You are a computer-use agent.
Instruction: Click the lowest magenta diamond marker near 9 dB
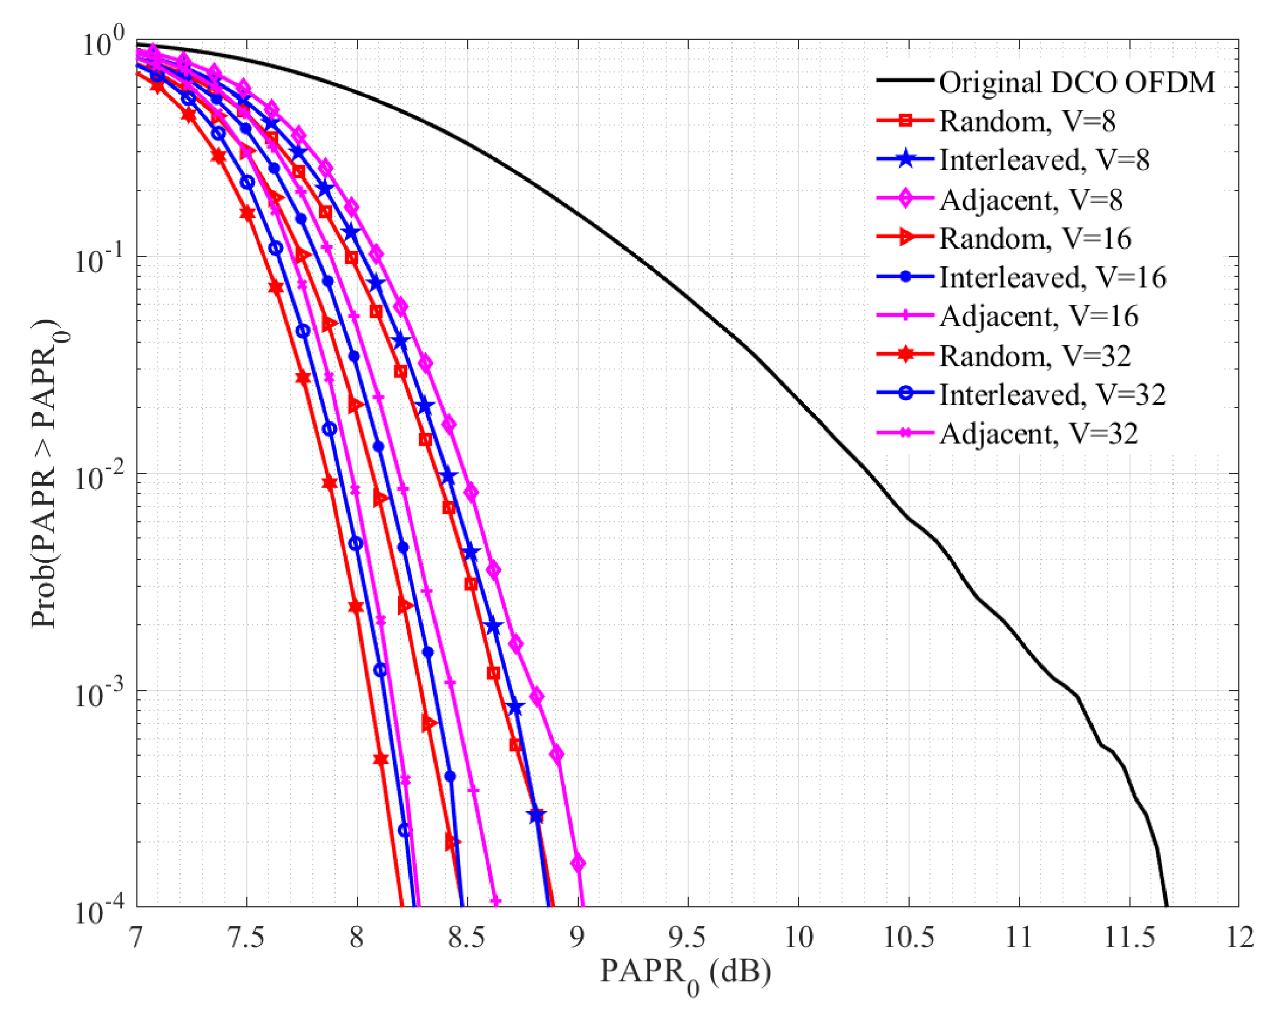click(578, 864)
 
